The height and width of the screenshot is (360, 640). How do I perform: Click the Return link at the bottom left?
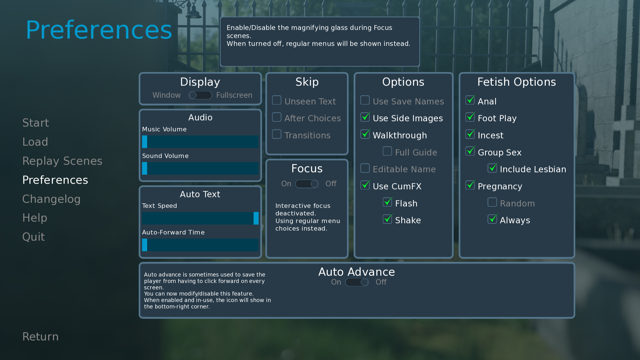coord(41,336)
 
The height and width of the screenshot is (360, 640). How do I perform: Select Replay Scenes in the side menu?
coord(62,161)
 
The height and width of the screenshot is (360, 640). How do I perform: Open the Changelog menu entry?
coord(51,199)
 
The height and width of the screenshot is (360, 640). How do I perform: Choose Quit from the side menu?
coord(34,237)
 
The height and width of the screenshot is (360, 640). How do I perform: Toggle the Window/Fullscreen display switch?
coord(200,95)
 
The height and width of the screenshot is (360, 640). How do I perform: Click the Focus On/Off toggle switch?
coord(307,184)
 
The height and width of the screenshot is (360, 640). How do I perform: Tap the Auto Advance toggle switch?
coord(357,282)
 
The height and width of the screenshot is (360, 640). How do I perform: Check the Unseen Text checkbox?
coord(277,100)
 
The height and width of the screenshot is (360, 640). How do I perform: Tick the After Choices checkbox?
coord(277,117)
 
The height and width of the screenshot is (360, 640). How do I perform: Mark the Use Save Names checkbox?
coord(365,100)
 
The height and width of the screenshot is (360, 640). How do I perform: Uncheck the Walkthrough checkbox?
coord(365,134)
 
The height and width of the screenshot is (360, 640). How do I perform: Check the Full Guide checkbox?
coord(387,151)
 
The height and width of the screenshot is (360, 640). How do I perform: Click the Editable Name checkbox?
coord(365,168)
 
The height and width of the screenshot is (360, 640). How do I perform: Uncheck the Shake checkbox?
coord(387,219)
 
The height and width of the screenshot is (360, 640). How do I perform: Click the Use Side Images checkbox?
coord(365,117)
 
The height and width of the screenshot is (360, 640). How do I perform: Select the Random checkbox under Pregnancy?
coord(492,202)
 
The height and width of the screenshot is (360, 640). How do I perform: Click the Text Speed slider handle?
coord(256,218)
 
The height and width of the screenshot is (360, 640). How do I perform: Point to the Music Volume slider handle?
coord(145,142)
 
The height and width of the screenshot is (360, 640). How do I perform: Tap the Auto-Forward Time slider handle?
coord(145,245)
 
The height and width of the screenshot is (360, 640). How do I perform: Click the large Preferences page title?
coord(99,30)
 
